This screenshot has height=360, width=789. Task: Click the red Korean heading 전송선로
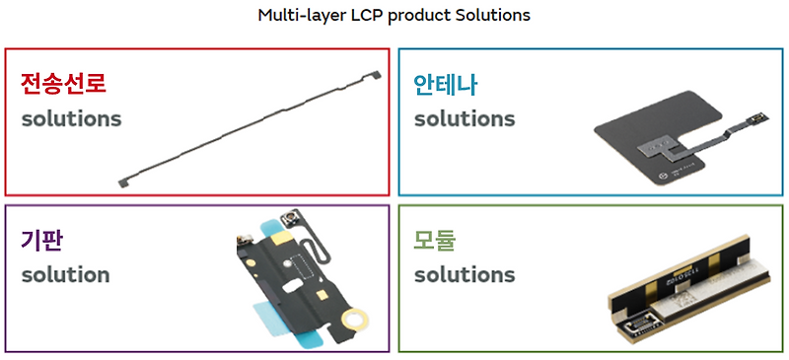64,83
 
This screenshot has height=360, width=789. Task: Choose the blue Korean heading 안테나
446,83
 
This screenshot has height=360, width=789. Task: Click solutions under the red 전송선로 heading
72,119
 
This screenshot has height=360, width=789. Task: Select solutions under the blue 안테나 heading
465,119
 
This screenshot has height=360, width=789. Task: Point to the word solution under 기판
66,274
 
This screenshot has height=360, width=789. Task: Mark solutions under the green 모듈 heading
465,274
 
